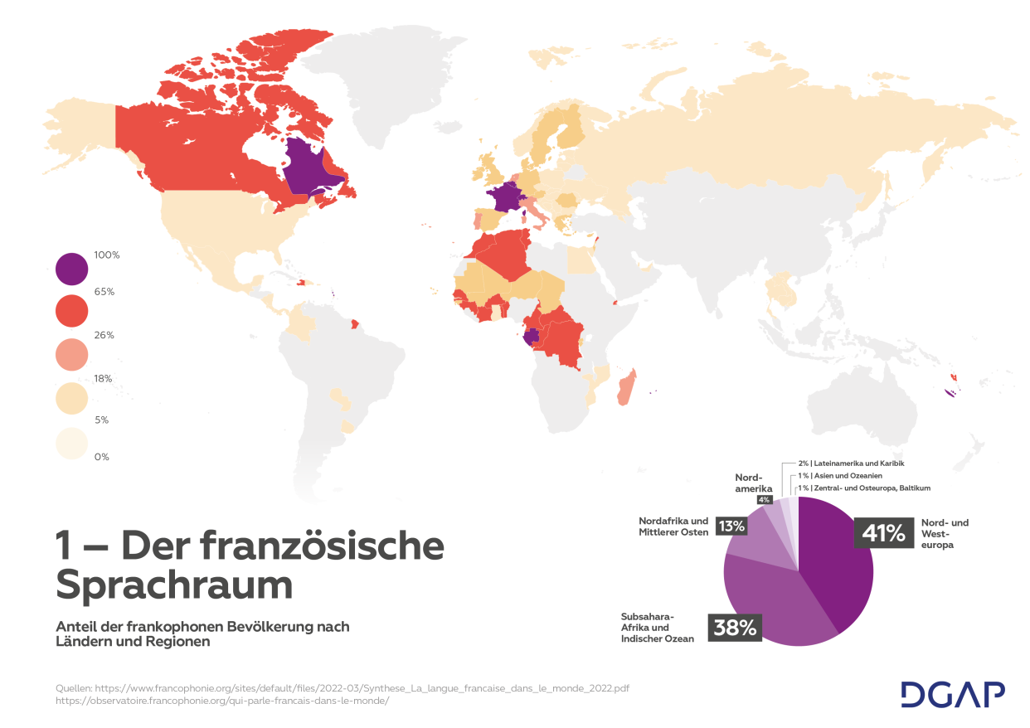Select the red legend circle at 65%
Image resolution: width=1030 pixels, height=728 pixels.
point(71,310)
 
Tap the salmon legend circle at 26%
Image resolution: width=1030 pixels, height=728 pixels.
point(71,354)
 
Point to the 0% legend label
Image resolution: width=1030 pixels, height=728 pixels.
point(102,457)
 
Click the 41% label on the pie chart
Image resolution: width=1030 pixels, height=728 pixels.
point(883,533)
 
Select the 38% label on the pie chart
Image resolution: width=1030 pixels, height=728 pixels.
point(736,628)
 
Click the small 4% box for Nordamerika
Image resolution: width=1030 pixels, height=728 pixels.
point(763,499)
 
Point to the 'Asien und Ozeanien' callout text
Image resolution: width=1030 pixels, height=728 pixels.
point(846,476)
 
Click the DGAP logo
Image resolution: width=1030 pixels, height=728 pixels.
point(953,694)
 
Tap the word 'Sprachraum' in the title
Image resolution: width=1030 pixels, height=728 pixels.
point(174,586)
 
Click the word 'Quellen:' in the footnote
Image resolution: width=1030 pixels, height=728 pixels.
point(74,688)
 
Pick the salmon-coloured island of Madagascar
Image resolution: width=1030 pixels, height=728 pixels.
point(626,388)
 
